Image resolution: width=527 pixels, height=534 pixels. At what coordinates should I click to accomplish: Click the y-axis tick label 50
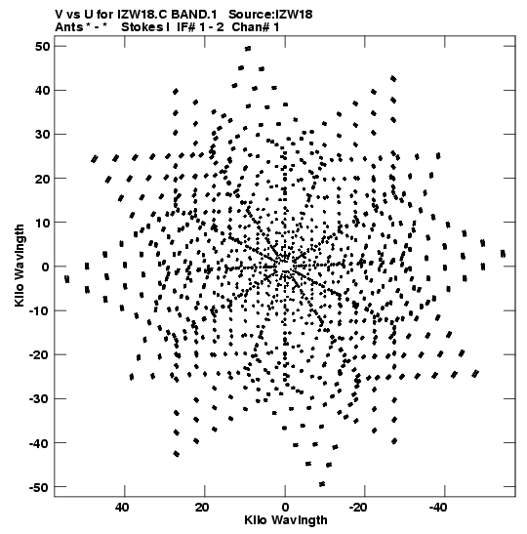point(42,46)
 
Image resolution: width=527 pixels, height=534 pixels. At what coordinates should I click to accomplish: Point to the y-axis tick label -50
point(39,487)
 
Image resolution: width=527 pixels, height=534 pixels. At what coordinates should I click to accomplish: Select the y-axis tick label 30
point(42,134)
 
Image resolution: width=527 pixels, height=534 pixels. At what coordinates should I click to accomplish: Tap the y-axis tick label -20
point(39,355)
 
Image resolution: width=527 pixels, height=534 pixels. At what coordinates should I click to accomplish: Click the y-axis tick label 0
point(46,267)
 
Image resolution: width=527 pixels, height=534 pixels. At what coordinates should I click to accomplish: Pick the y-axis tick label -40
point(39,443)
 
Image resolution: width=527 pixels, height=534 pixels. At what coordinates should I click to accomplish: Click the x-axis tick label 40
point(122,508)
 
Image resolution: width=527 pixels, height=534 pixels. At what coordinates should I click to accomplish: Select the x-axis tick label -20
point(358,508)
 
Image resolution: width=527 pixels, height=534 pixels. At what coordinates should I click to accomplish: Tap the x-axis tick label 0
point(285,508)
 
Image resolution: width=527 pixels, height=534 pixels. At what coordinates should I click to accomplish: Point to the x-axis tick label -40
point(438,508)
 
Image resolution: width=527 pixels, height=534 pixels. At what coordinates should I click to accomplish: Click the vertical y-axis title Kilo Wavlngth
point(20,266)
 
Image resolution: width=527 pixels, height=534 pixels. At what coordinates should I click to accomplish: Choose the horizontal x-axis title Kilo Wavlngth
point(286,520)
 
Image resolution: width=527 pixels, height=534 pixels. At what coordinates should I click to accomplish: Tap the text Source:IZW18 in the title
point(270,15)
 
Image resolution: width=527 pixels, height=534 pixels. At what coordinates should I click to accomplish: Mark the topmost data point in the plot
point(248,49)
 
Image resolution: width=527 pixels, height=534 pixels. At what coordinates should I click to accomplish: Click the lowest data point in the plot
point(322,484)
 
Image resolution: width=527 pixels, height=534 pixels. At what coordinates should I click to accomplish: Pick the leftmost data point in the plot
point(67,279)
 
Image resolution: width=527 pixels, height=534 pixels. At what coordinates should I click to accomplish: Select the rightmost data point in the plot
point(503,254)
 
